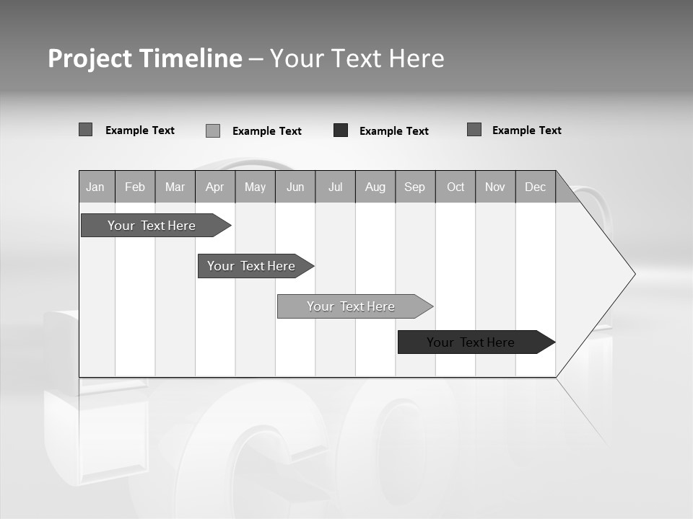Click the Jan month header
pyautogui.click(x=96, y=187)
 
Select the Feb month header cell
pyautogui.click(x=135, y=187)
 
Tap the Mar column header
pyautogui.click(x=175, y=187)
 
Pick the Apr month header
pyautogui.click(x=215, y=187)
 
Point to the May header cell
pyautogui.click(x=255, y=187)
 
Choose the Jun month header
pyautogui.click(x=295, y=187)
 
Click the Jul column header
pyautogui.click(x=335, y=187)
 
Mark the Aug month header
pyautogui.click(x=375, y=187)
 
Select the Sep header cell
pyautogui.click(x=415, y=187)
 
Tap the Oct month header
pyautogui.click(x=456, y=187)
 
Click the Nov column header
pyautogui.click(x=495, y=187)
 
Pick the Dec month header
pyautogui.click(x=536, y=187)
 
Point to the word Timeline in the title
pyautogui.click(x=190, y=58)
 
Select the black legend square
pyautogui.click(x=341, y=130)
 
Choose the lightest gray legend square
pyautogui.click(x=213, y=130)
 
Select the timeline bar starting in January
pyautogui.click(x=152, y=226)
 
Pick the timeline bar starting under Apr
pyautogui.click(x=252, y=266)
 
